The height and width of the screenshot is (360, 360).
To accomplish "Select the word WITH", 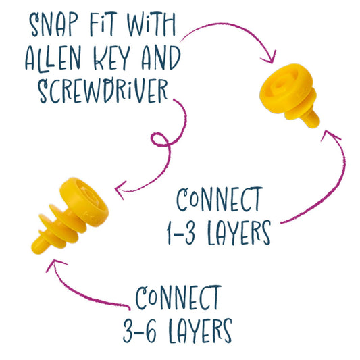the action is click(x=151, y=24).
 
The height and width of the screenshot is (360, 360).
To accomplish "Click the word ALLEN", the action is click(x=53, y=58).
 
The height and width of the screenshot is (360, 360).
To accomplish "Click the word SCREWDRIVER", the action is click(x=103, y=91).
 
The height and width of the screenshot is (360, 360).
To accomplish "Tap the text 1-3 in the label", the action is click(x=181, y=232).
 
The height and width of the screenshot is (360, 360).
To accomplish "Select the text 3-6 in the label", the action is click(x=140, y=330).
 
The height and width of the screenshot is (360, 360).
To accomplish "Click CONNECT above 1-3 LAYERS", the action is click(x=220, y=199).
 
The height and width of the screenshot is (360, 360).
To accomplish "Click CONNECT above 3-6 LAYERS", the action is click(x=178, y=298).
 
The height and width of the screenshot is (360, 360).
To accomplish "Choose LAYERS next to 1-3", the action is click(x=239, y=232).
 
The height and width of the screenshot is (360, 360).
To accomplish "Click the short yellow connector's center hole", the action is click(x=280, y=85).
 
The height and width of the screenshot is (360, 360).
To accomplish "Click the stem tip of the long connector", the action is click(x=37, y=247).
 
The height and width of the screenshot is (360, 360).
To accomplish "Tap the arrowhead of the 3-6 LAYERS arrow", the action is click(x=55, y=265).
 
